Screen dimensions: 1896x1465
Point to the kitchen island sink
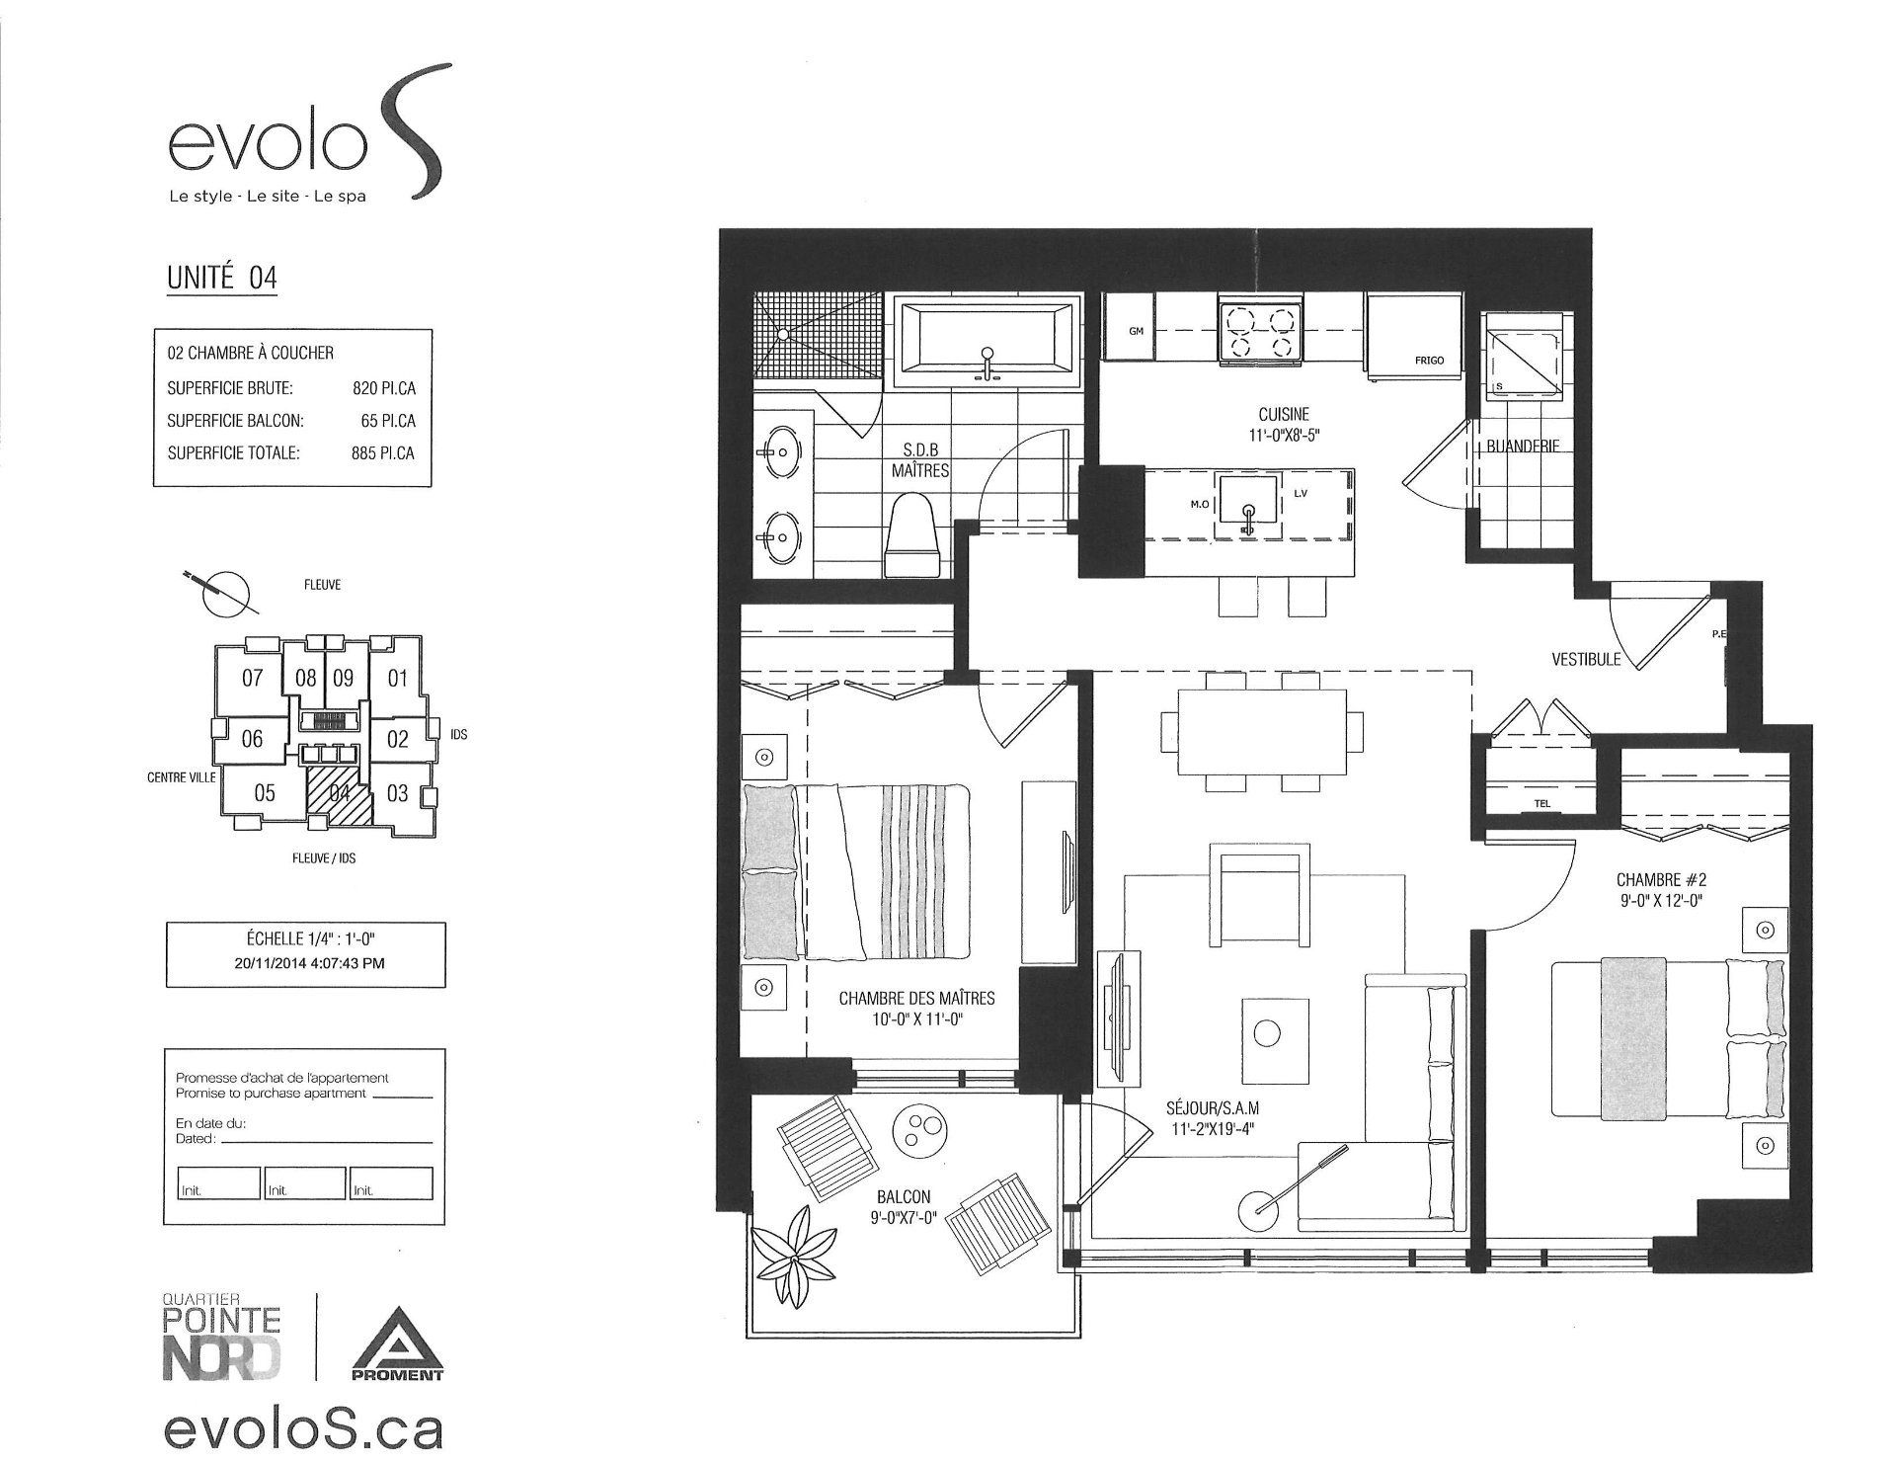coord(1249,505)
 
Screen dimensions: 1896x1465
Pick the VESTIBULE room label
coord(1586,659)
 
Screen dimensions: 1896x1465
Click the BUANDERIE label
coord(1523,447)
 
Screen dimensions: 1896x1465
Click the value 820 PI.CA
coord(384,388)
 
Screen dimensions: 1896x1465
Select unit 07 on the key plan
coord(252,678)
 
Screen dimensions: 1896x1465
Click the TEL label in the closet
coord(1542,803)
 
